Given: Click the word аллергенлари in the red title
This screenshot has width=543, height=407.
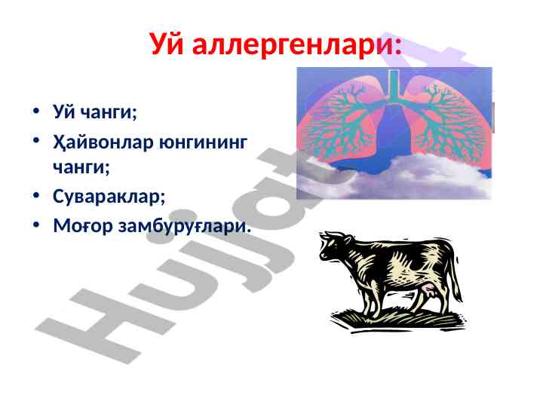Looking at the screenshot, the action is [293, 44].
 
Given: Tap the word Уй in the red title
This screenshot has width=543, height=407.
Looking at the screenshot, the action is [167, 43].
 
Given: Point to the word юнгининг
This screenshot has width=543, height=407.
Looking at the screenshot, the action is [203, 143].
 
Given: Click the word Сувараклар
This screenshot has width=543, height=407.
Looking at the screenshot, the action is [109, 196].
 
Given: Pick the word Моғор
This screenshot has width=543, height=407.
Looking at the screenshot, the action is [83, 226].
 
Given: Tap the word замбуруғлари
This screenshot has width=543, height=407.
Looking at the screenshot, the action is [184, 226].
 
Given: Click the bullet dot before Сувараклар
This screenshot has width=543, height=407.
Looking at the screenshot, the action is [36, 195].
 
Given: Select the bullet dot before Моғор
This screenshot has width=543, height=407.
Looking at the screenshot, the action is [36, 225].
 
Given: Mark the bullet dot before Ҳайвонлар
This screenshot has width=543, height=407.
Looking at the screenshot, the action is [36, 140].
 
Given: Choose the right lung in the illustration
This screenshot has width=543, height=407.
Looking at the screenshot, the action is [450, 121].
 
